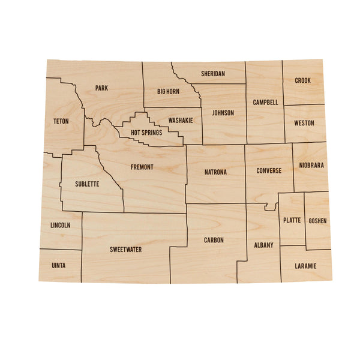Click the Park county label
coord(101,88)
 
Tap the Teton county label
coord(61,121)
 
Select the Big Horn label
coord(168,92)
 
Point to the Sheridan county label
coord(213,74)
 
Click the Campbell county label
coord(265,103)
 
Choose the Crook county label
coord(303,80)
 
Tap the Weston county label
coord(304,124)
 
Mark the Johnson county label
coord(223,113)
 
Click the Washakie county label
coord(181,121)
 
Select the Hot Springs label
coord(146,133)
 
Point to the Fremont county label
coord(142,167)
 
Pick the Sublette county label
coord(87,184)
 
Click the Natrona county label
coord(215,172)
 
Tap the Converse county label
coord(269,171)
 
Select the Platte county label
coord(292,220)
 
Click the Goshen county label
coord(318,221)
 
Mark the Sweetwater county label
coord(126,249)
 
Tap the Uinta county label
coord(59,265)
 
